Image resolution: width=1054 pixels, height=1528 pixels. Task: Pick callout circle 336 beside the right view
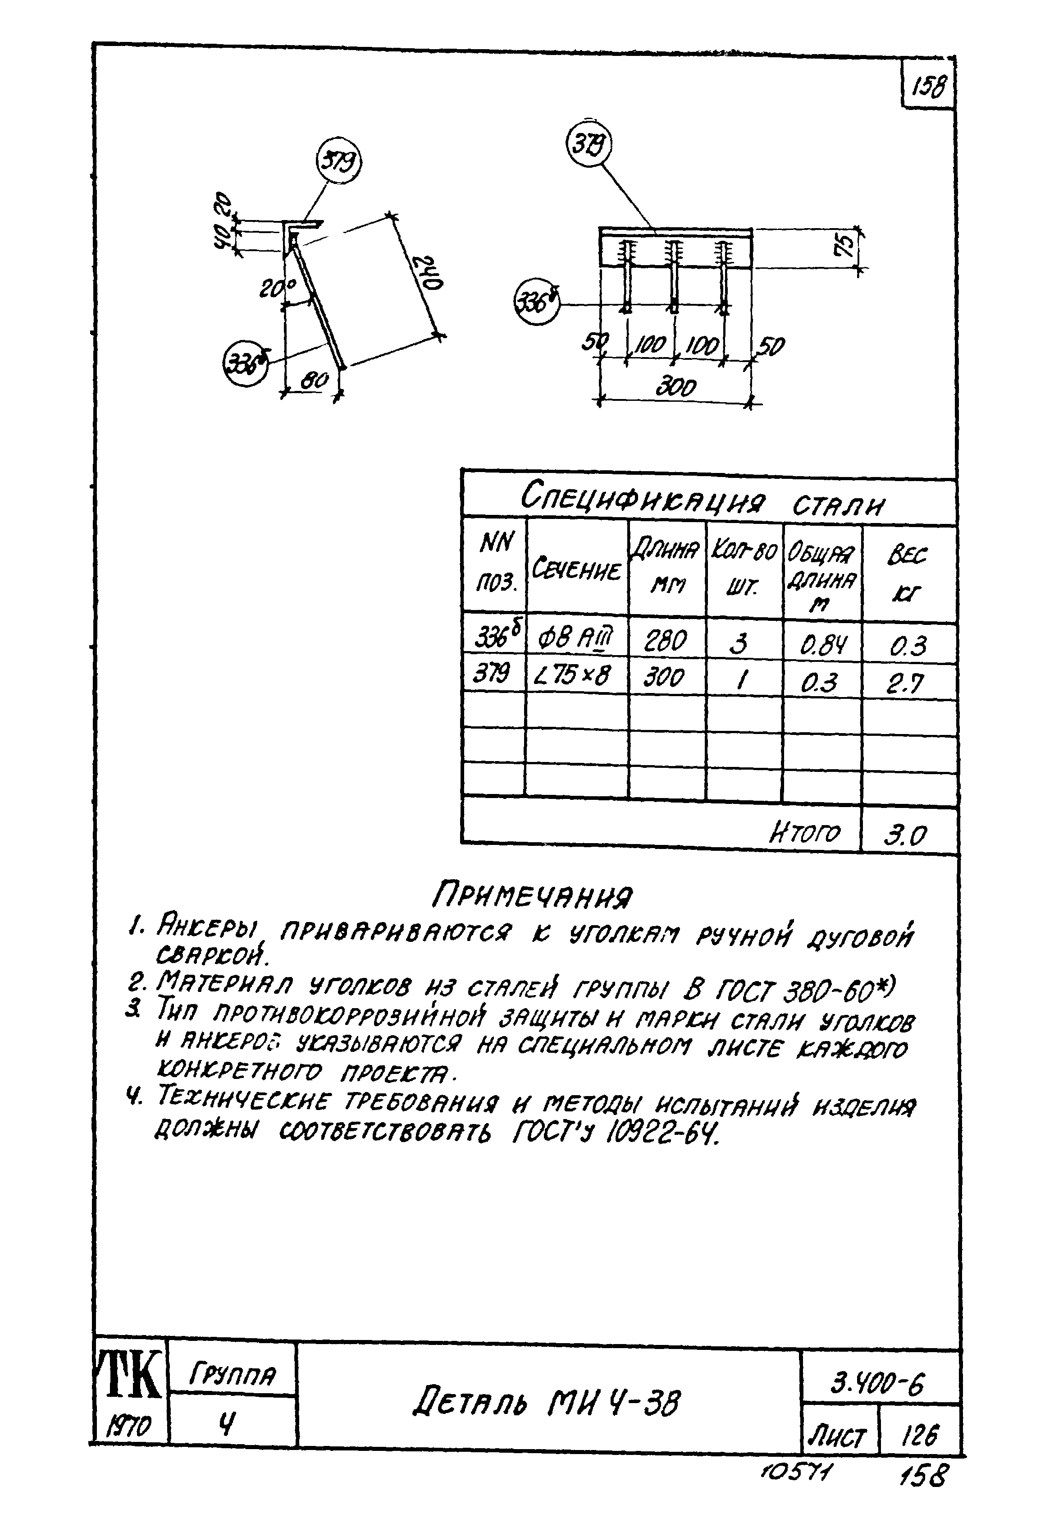[536, 303]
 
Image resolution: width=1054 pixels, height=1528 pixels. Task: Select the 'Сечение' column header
[576, 569]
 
